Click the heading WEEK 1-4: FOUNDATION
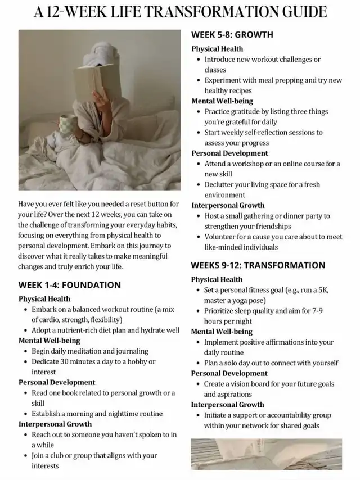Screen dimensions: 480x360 tap(69, 285)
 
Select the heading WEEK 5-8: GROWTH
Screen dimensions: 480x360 tap(232, 35)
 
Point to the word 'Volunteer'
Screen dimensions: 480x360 tap(222, 237)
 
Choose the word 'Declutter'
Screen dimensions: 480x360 tap(222, 184)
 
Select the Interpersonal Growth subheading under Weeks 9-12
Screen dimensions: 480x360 tap(227, 405)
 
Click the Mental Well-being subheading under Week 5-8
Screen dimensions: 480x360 tap(222, 101)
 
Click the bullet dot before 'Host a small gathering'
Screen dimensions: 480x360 tap(199, 216)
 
